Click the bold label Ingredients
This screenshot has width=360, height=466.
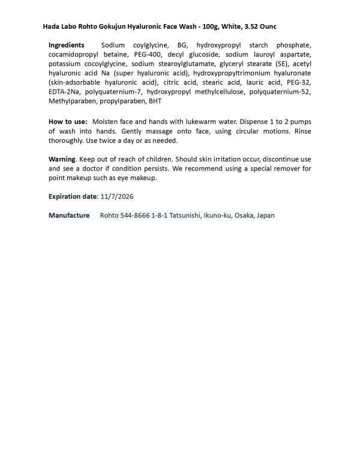click(x=67, y=45)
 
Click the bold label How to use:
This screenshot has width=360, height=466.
click(x=68, y=122)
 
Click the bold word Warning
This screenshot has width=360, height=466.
click(x=62, y=159)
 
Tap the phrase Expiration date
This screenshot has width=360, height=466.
click(x=72, y=196)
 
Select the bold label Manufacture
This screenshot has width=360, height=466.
click(x=69, y=215)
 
